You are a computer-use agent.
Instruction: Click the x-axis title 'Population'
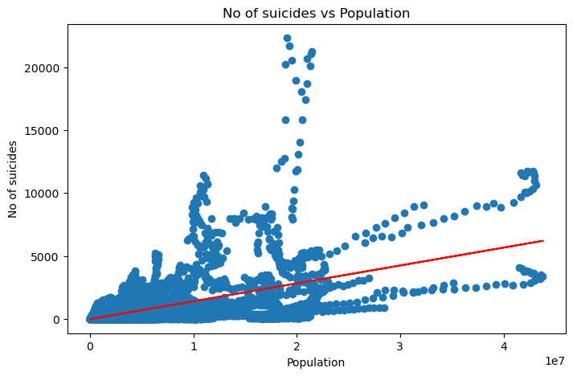point(315,362)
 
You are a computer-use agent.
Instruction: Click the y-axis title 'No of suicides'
point(13,178)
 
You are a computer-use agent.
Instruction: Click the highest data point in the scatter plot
point(287,39)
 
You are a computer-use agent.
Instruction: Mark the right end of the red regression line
point(543,240)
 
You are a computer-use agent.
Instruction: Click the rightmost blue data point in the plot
point(542,276)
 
